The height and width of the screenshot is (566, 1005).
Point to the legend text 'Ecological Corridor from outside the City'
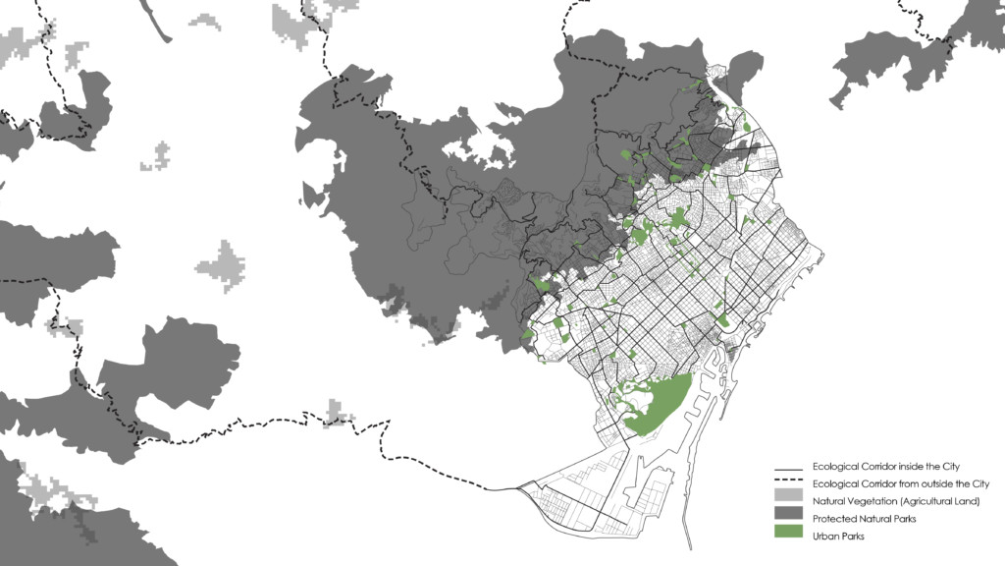[x=901, y=483]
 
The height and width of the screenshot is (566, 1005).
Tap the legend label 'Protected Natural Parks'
[x=865, y=518]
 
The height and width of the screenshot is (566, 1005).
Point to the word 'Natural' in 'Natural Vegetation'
[x=829, y=501]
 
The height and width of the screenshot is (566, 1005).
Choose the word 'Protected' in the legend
[x=833, y=518]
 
